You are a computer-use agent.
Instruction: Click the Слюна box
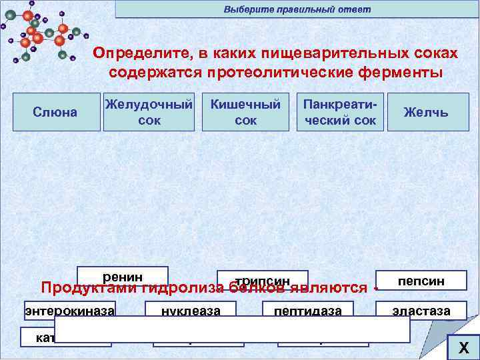click(55, 112)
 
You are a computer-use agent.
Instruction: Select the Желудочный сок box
click(149, 112)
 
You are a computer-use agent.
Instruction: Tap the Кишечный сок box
click(245, 112)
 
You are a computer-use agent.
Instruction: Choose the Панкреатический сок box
click(339, 112)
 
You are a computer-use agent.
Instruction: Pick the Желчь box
click(426, 112)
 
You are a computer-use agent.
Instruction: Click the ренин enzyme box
click(123, 275)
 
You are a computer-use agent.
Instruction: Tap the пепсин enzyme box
click(421, 280)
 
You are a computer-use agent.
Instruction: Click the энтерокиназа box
click(70, 309)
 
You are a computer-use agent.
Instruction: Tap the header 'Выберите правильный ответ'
click(297, 9)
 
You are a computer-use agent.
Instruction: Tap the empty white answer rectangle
click(232, 329)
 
